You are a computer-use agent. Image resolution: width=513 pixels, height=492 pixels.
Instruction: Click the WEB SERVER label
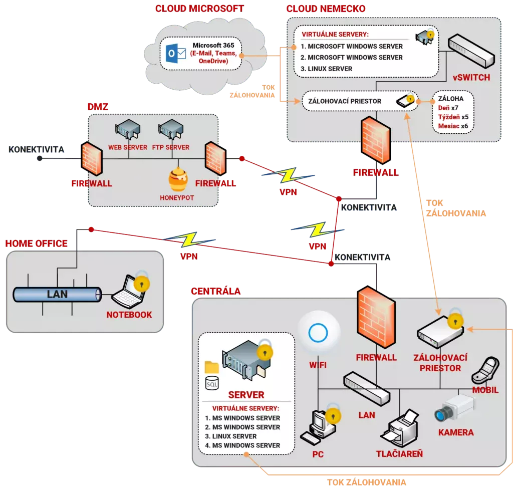[128, 147]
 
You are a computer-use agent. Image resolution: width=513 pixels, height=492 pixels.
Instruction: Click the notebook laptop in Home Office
[131, 292]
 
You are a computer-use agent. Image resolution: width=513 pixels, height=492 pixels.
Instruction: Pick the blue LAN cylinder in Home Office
[56, 295]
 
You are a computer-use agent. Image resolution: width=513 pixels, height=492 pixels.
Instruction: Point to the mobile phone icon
[484, 369]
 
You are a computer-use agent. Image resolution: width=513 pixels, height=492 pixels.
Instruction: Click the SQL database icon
[212, 384]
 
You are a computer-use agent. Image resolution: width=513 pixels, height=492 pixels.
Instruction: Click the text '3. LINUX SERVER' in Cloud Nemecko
[327, 69]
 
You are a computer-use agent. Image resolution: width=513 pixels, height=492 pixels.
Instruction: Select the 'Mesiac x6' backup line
[453, 126]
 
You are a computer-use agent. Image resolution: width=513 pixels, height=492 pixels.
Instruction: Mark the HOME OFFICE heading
[36, 243]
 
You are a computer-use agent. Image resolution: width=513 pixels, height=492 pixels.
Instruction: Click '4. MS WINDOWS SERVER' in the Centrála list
[242, 445]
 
